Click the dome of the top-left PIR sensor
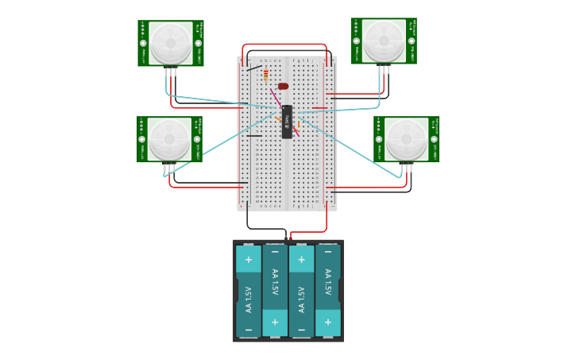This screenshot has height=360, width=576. tap(170, 42)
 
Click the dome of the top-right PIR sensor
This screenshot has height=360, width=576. tap(384, 40)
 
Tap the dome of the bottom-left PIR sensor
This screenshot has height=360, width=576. tap(169, 139)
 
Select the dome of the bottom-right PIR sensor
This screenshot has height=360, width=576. tap(406, 138)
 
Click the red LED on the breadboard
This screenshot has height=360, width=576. tap(283, 86)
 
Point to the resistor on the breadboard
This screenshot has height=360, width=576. tap(265, 76)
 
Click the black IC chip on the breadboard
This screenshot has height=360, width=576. tap(287, 122)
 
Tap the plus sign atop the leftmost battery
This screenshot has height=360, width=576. tap(248, 259)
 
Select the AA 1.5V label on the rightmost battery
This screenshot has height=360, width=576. tap(328, 283)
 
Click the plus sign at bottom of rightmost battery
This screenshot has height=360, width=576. tap(328, 323)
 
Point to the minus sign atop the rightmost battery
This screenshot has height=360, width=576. tap(328, 252)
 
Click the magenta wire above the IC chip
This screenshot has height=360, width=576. tap(275, 98)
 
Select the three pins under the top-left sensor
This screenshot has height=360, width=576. tap(171, 72)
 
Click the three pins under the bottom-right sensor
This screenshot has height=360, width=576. tap(407, 168)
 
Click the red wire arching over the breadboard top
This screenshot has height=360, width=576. tap(284, 45)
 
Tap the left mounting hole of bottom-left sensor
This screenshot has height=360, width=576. tap(142, 140)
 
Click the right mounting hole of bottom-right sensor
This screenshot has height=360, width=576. tap(434, 139)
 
